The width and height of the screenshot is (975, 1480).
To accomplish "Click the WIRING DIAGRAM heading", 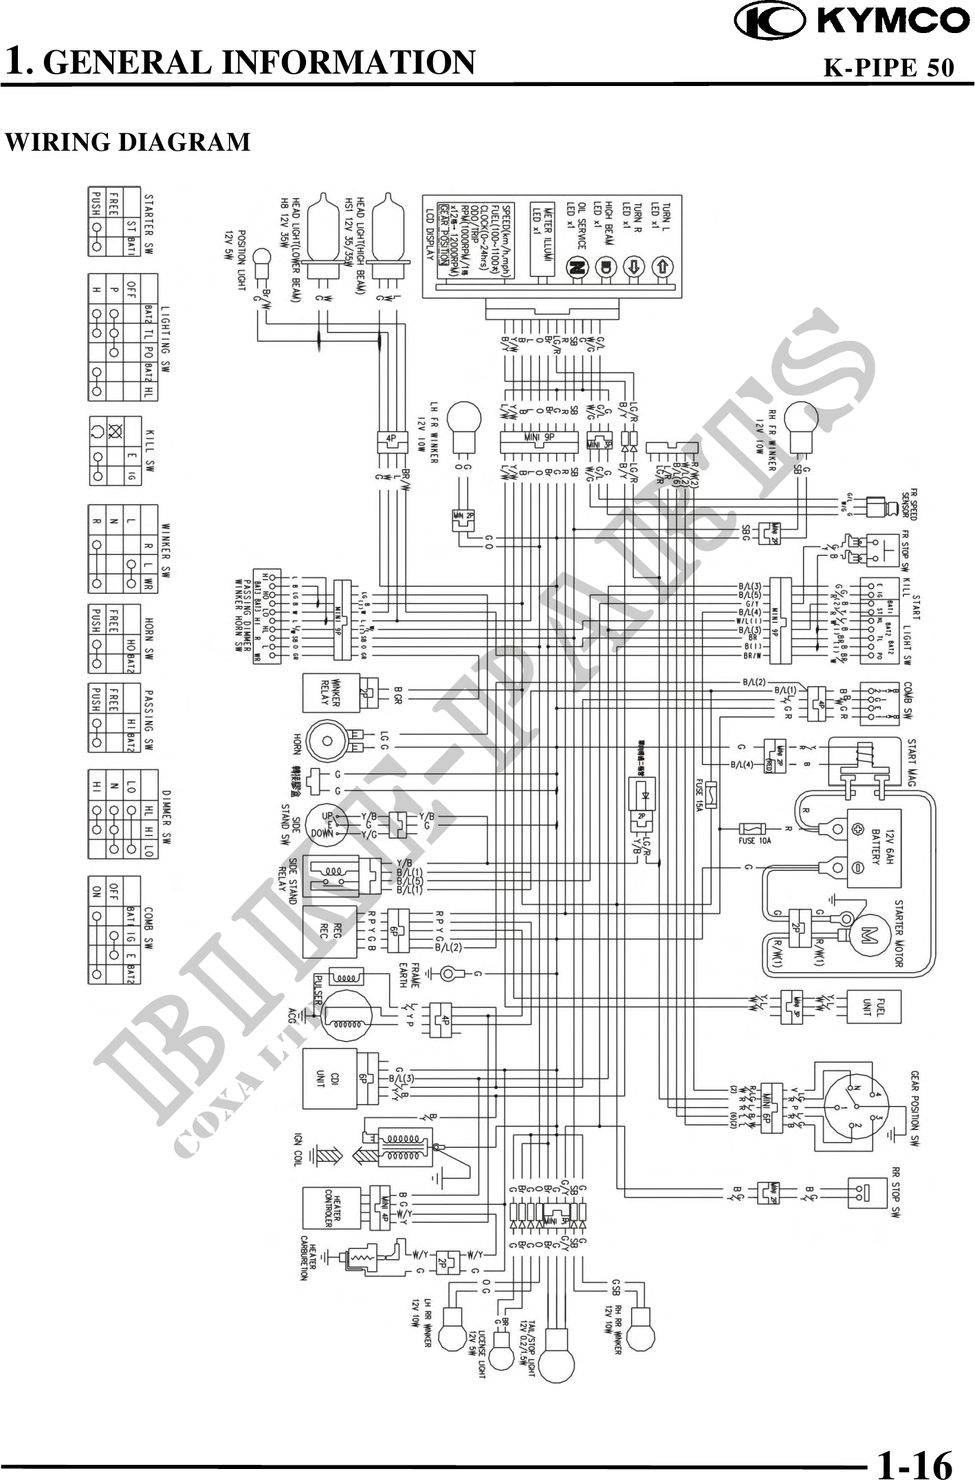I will (128, 142).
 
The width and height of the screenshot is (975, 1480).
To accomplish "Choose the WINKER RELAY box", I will (331, 693).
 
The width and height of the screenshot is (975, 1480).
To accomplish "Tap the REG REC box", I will (330, 932).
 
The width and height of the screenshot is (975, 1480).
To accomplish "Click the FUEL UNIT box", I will (873, 1007).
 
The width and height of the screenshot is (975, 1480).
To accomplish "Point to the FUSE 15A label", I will (699, 795).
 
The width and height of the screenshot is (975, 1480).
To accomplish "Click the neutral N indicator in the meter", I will (576, 268).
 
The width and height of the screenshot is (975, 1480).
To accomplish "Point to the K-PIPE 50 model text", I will (888, 67).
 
